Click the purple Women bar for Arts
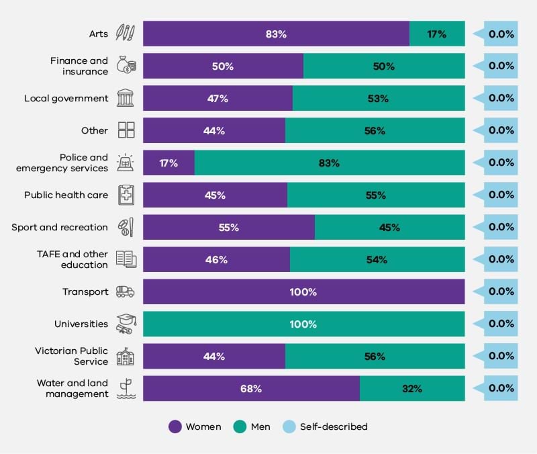[x=276, y=34]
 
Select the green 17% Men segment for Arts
[x=437, y=34]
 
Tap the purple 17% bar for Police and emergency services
[x=168, y=163]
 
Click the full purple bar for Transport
[x=303, y=291]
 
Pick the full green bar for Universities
[x=303, y=324]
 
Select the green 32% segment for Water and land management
[x=412, y=388]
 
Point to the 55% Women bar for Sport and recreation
[x=229, y=227]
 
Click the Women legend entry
[x=194, y=426]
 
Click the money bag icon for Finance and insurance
[x=126, y=65]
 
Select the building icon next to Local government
[x=126, y=98]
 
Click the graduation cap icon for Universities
[x=126, y=324]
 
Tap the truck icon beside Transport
[x=126, y=291]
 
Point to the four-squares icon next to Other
[x=126, y=130]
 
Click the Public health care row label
[x=66, y=195]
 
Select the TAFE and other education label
[x=72, y=259]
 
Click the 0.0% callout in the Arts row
[x=500, y=34]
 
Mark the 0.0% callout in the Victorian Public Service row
[x=500, y=356]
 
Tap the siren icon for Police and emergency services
[x=126, y=163]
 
